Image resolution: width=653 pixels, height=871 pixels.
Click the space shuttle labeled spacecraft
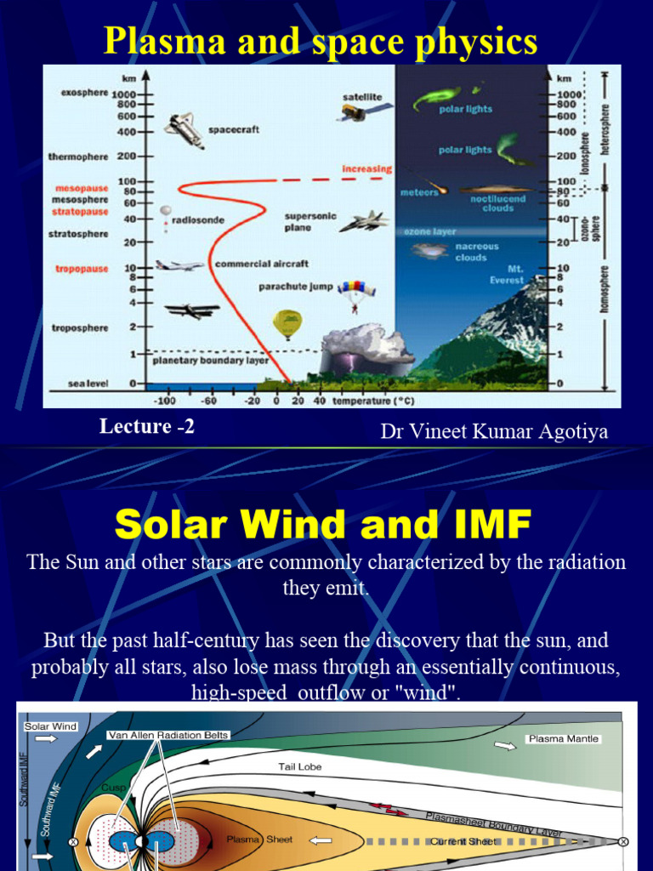tap(184, 129)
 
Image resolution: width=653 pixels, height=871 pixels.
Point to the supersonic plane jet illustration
tap(364, 222)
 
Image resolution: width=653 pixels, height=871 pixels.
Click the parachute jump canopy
tap(355, 291)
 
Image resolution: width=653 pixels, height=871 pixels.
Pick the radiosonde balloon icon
tap(165, 211)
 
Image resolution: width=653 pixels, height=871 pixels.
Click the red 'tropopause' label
tap(82, 269)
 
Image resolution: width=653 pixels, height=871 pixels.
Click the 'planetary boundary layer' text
tap(210, 360)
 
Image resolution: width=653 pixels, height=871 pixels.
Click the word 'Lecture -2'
tap(147, 427)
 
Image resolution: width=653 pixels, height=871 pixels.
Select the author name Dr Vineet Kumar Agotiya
tap(494, 431)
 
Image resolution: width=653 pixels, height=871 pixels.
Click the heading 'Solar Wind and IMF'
tap(323, 525)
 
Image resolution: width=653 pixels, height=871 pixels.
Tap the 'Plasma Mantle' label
tap(564, 739)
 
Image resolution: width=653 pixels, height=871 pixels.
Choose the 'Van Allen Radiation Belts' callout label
tap(168, 735)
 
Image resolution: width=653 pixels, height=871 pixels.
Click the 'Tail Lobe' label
tap(299, 767)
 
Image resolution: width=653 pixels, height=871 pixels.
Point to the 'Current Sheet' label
tap(463, 841)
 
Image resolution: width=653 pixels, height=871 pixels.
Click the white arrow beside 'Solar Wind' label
tap(47, 740)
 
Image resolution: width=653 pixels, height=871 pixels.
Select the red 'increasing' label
tap(366, 168)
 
